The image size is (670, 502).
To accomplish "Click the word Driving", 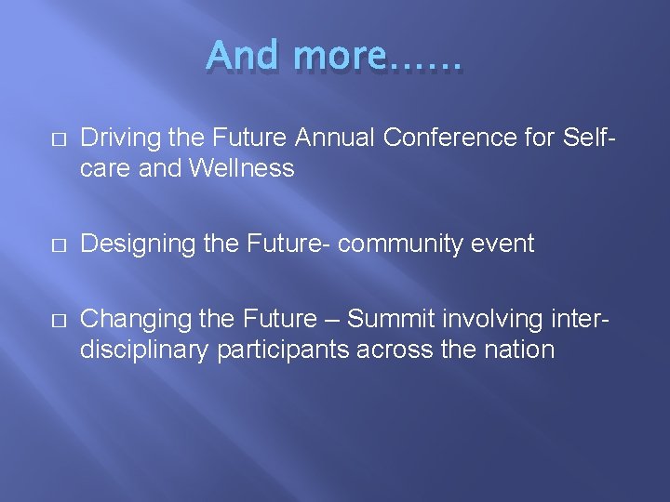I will [117, 138].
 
